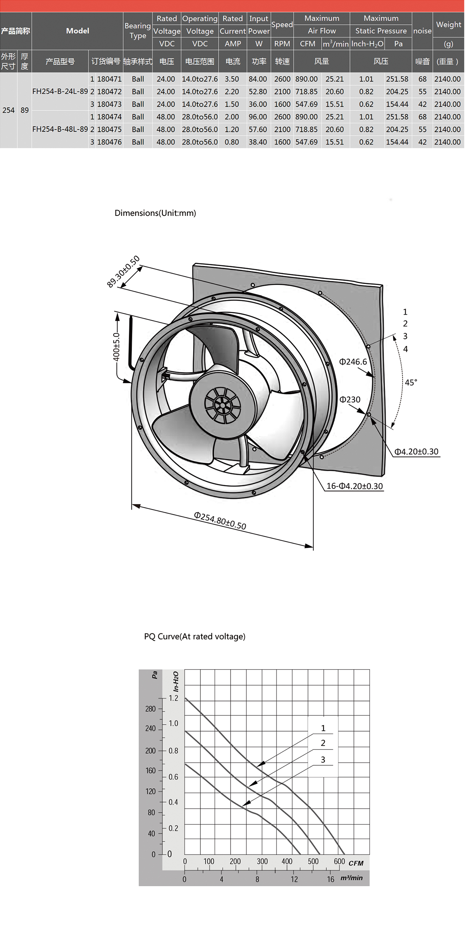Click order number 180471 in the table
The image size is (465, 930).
click(x=109, y=79)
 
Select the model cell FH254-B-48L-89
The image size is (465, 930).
click(x=60, y=129)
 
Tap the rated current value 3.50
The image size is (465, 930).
click(x=232, y=79)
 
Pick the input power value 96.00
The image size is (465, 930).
click(x=258, y=117)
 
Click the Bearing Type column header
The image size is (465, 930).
click(x=138, y=31)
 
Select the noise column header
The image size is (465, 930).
click(x=422, y=31)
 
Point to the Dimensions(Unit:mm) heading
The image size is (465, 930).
click(x=155, y=213)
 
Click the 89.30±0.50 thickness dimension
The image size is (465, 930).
click(x=123, y=272)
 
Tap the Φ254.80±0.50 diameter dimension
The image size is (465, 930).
click(x=220, y=520)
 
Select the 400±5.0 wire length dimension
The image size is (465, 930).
click(x=116, y=347)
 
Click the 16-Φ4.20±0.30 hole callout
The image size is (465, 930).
click(x=355, y=486)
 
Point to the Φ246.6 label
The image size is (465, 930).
click(x=353, y=362)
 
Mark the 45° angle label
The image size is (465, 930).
click(x=411, y=382)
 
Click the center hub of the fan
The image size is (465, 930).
click(x=222, y=405)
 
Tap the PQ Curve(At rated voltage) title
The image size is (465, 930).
click(x=195, y=637)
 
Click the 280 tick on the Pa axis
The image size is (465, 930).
click(x=150, y=709)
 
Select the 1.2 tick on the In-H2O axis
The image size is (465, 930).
click(x=173, y=698)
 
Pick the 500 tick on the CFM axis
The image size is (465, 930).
click(x=313, y=861)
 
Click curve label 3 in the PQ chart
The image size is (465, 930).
click(x=323, y=760)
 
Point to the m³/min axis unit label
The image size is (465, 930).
click(x=352, y=878)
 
